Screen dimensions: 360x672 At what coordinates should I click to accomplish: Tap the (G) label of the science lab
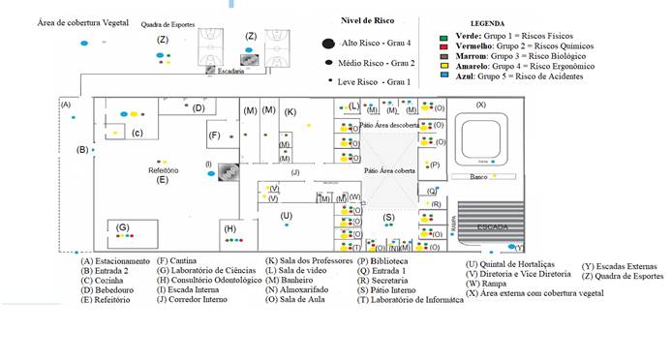tap(123, 227)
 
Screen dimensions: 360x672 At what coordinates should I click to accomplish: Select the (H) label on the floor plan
tap(229, 228)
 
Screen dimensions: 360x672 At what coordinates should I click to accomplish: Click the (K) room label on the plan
tap(290, 112)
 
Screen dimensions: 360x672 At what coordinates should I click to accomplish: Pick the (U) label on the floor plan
tap(286, 216)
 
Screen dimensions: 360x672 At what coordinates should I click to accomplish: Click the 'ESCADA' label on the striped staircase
tap(493, 225)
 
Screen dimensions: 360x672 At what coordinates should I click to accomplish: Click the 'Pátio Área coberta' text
tap(391, 169)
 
